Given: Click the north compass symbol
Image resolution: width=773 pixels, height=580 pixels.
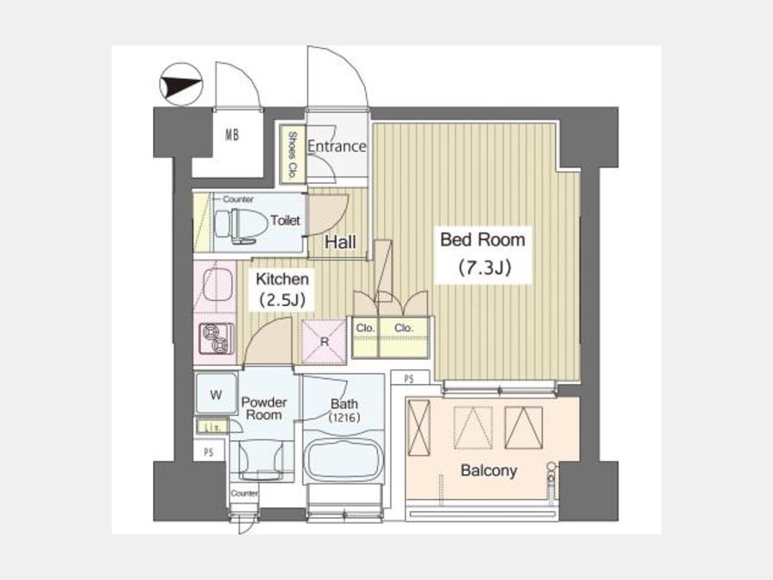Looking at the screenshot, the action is [x=181, y=84].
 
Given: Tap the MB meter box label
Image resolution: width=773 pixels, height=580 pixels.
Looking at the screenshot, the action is [x=232, y=134].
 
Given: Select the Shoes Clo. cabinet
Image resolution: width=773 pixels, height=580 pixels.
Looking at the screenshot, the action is [x=292, y=154].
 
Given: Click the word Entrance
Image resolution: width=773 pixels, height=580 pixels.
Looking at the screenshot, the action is [x=337, y=146].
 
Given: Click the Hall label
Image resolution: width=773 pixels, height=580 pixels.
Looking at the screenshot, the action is [x=340, y=242].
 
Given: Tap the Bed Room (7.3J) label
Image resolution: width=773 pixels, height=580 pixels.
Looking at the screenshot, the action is [x=483, y=254].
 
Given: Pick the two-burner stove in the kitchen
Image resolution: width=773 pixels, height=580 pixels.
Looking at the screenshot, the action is [x=216, y=339].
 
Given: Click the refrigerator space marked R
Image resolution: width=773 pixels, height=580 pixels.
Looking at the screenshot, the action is [x=324, y=342].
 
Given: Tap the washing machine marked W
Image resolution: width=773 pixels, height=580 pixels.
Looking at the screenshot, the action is [x=216, y=393].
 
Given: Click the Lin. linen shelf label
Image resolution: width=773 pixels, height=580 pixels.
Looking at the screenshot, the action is [x=213, y=426].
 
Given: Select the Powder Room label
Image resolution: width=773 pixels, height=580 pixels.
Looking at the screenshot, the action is [x=264, y=408].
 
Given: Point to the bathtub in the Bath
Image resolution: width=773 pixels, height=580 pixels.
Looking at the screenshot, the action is [x=344, y=458].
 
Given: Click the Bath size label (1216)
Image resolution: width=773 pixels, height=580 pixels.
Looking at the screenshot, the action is [x=344, y=418].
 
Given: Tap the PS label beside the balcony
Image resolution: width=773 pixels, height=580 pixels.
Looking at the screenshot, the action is [x=409, y=379].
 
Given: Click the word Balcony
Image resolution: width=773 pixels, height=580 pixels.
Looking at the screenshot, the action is [x=489, y=471].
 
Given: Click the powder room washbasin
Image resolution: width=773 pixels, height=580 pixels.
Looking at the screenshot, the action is [x=261, y=460].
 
